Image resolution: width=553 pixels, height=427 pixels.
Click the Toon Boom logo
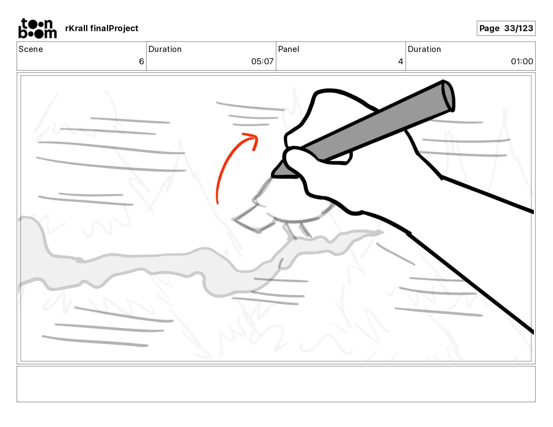[x=38, y=28]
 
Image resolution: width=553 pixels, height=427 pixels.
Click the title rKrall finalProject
[x=102, y=28]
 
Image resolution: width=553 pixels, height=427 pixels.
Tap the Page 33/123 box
[x=506, y=28]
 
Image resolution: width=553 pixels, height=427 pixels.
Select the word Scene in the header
[x=30, y=49]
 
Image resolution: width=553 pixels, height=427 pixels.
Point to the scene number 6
[x=141, y=61]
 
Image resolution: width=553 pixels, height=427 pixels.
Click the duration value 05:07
[x=262, y=61]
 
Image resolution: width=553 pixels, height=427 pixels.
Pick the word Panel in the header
[x=288, y=49]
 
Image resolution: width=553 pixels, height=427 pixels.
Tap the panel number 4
[x=401, y=61]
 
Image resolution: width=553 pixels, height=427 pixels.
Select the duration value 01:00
[x=522, y=61]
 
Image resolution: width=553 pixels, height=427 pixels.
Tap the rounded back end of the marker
[x=448, y=96]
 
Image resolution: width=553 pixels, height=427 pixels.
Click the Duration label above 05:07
[x=165, y=49]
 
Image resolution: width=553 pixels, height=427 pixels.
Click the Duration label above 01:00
[x=424, y=49]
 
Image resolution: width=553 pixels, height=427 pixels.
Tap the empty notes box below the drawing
[x=276, y=384]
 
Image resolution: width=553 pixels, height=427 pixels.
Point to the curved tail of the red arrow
[x=224, y=170]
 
